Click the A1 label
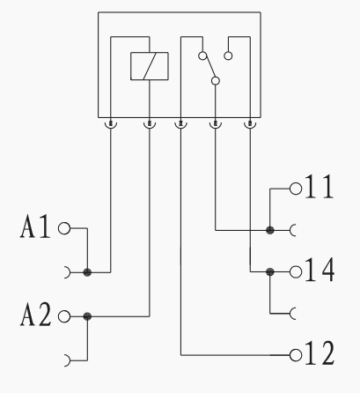click(x=35, y=226)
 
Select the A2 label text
click(x=36, y=315)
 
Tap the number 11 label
click(x=320, y=187)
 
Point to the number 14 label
click(x=320, y=270)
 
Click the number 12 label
click(x=320, y=353)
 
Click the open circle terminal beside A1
click(x=64, y=228)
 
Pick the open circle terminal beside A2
click(x=64, y=316)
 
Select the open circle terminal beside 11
click(x=296, y=189)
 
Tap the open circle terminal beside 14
click(x=296, y=271)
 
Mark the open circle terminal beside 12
click(x=296, y=355)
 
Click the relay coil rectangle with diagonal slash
click(x=150, y=66)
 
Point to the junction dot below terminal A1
click(x=87, y=272)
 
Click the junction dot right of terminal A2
click(x=87, y=316)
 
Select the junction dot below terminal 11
click(x=270, y=230)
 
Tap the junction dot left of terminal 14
click(x=270, y=272)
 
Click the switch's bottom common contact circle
click(x=216, y=80)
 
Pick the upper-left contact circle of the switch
click(x=202, y=56)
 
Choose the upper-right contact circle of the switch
click(x=228, y=56)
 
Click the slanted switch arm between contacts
click(x=210, y=67)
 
